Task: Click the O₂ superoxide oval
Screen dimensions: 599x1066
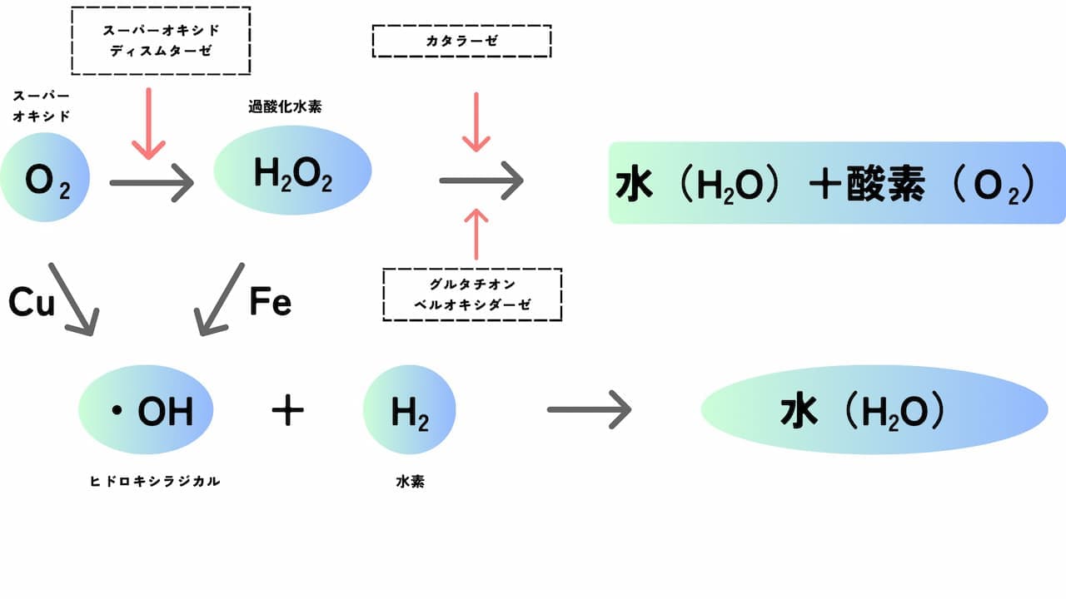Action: pyautogui.click(x=47, y=180)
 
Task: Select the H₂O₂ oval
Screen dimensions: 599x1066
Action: pyautogui.click(x=292, y=172)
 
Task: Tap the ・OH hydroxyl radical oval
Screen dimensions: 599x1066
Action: pyautogui.click(x=146, y=411)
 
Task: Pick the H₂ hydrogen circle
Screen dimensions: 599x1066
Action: pyautogui.click(x=410, y=411)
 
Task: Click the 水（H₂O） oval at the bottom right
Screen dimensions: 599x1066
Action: pyautogui.click(x=874, y=409)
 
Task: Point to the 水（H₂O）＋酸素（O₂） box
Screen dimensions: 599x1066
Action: pyautogui.click(x=837, y=183)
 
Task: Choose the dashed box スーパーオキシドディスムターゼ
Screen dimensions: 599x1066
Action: pyautogui.click(x=161, y=41)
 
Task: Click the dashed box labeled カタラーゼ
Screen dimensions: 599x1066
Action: pyautogui.click(x=461, y=41)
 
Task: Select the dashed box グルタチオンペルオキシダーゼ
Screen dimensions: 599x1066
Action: pyautogui.click(x=472, y=295)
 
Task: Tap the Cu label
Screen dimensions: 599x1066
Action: pyautogui.click(x=32, y=303)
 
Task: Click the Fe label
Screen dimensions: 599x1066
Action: pyautogui.click(x=271, y=303)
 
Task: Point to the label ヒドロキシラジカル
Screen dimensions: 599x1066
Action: pyautogui.click(x=155, y=481)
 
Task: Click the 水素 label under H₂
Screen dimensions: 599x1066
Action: pyautogui.click(x=410, y=481)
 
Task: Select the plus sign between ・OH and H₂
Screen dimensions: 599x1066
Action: pyautogui.click(x=287, y=411)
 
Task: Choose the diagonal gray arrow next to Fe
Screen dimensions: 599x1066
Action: pyautogui.click(x=219, y=299)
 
